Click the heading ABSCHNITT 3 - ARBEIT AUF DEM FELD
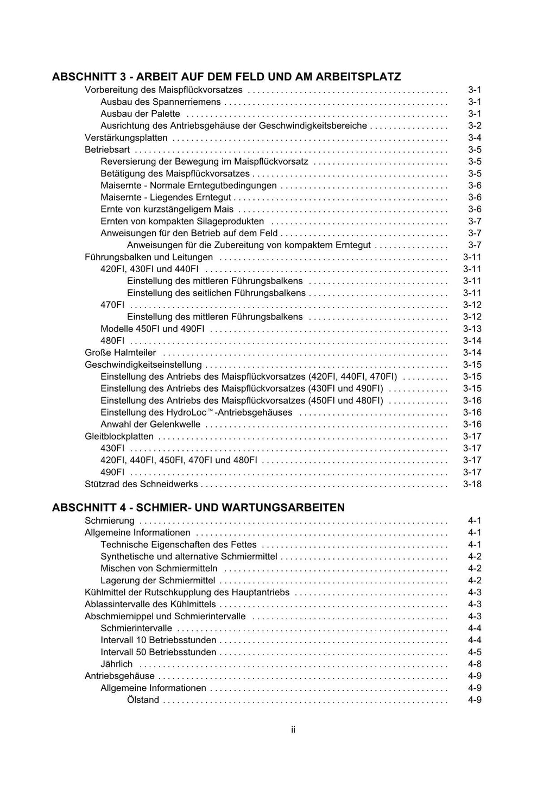point(226,77)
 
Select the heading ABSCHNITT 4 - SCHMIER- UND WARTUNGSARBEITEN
point(198,507)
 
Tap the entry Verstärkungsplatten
point(126,138)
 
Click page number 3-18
point(472,484)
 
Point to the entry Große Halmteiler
point(120,353)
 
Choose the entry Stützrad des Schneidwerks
point(141,484)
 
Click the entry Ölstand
point(143,700)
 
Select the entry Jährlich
point(116,664)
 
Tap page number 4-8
point(474,664)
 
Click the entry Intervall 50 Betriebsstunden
point(158,652)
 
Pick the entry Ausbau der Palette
point(140,114)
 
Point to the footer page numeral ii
point(293,730)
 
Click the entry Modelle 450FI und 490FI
point(152,329)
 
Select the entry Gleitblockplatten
point(119,436)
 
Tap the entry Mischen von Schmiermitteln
point(159,568)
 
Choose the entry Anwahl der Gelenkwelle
point(150,424)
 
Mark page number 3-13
point(472,329)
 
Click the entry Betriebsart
point(107,150)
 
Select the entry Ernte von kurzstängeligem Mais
point(167,210)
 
